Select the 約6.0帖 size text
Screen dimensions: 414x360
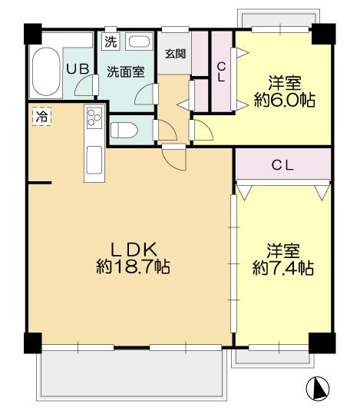point(285,100)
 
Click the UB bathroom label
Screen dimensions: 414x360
point(77,68)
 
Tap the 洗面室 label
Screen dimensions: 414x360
point(124,72)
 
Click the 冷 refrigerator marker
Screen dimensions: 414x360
point(40,118)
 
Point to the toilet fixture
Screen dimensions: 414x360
point(123,129)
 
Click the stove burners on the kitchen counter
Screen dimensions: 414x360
point(95,118)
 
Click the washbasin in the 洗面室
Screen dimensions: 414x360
point(138,42)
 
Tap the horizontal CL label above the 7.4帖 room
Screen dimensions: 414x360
point(282,164)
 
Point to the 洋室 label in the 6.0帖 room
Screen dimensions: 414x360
point(285,81)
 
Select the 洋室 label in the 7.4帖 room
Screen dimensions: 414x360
point(283,250)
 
